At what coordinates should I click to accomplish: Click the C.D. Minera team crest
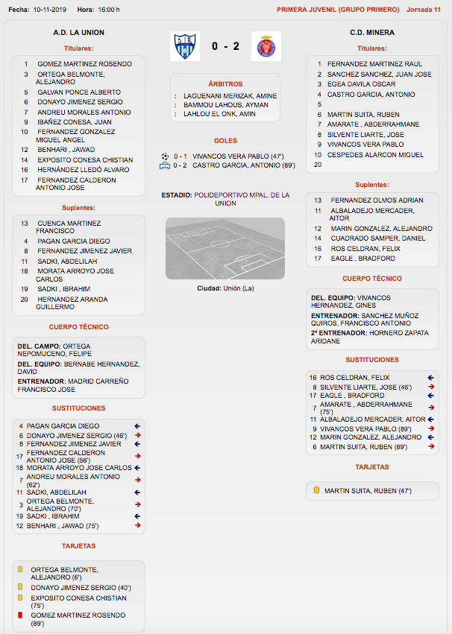(x=266, y=46)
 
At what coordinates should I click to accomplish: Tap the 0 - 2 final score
(x=225, y=46)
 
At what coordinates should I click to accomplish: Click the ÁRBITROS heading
(x=225, y=84)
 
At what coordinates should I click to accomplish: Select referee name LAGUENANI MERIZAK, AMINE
(x=230, y=96)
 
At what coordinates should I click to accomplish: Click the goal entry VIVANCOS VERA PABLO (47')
(x=233, y=156)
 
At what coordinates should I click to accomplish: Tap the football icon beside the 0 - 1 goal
(x=165, y=156)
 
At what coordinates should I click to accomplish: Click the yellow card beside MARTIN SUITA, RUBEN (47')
(x=316, y=491)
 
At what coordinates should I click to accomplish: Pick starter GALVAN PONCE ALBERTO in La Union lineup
(x=79, y=92)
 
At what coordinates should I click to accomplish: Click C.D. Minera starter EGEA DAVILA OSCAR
(x=361, y=84)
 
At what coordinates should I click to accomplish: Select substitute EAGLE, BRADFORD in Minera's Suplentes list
(x=363, y=259)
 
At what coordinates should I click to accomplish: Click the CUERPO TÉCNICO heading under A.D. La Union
(x=78, y=327)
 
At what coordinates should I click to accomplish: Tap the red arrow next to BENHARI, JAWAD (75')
(x=138, y=525)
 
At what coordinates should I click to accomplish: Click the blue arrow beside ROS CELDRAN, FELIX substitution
(x=431, y=378)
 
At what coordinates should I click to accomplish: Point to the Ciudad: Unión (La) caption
(x=225, y=288)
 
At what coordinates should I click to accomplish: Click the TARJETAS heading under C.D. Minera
(x=371, y=467)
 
